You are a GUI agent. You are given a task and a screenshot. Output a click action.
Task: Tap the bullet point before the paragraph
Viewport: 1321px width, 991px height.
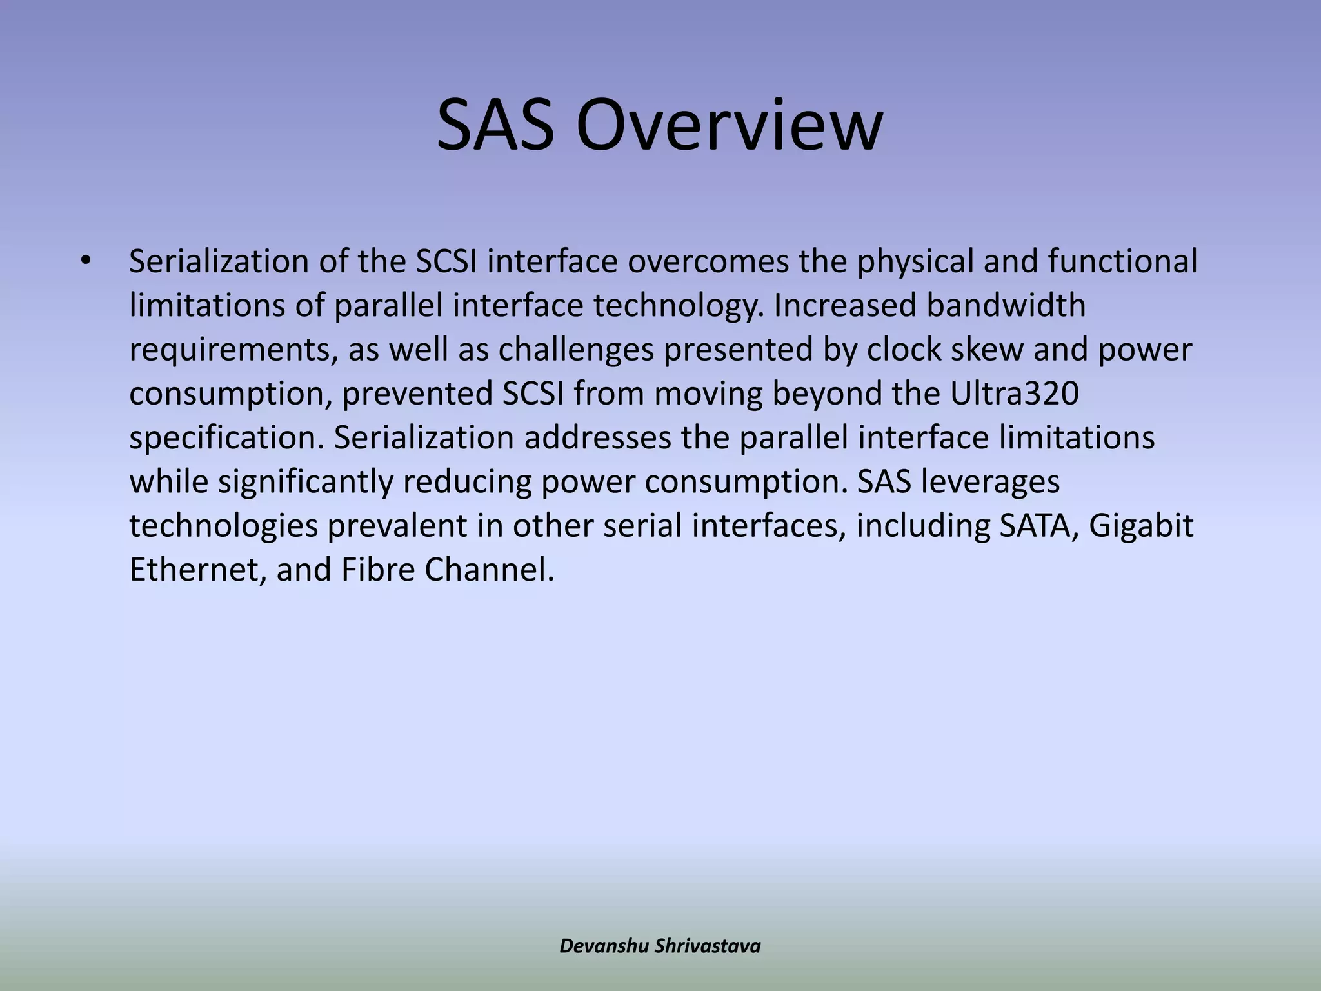click(x=84, y=261)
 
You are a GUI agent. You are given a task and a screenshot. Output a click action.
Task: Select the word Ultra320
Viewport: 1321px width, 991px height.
click(x=1015, y=394)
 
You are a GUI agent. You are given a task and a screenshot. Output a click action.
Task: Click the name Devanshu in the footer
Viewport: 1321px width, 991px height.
click(x=604, y=946)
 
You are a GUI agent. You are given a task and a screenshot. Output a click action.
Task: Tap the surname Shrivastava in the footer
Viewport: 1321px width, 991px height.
click(x=708, y=946)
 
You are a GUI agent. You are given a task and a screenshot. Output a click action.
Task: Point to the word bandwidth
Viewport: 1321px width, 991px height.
click(x=1006, y=305)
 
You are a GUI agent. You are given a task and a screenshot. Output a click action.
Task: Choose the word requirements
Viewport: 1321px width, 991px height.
click(x=233, y=350)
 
